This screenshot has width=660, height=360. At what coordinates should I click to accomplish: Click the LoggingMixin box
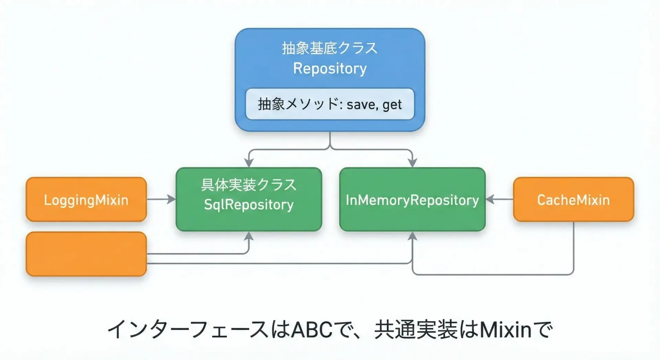pyautogui.click(x=86, y=199)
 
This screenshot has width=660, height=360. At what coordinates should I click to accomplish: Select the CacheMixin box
pyautogui.click(x=573, y=199)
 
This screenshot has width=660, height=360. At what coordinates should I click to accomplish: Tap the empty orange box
pyautogui.click(x=86, y=254)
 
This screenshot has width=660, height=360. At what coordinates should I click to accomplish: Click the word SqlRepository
pyautogui.click(x=249, y=205)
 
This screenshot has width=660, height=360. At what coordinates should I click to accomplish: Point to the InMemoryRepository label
pyautogui.click(x=412, y=200)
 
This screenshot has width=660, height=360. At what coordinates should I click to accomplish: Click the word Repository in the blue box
pyautogui.click(x=330, y=68)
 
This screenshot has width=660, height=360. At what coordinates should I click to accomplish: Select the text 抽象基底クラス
pyautogui.click(x=330, y=48)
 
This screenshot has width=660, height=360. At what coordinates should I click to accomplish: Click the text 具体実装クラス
pyautogui.click(x=249, y=185)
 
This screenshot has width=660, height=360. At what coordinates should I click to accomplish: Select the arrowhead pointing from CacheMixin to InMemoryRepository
pyautogui.click(x=490, y=199)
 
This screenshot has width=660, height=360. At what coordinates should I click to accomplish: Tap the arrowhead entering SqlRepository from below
pyautogui.click(x=249, y=236)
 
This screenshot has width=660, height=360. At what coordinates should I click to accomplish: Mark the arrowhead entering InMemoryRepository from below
pyautogui.click(x=412, y=236)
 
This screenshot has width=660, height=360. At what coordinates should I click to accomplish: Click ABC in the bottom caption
pyautogui.click(x=312, y=329)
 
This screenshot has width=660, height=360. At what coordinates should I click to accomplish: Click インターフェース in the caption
pyautogui.click(x=188, y=329)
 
